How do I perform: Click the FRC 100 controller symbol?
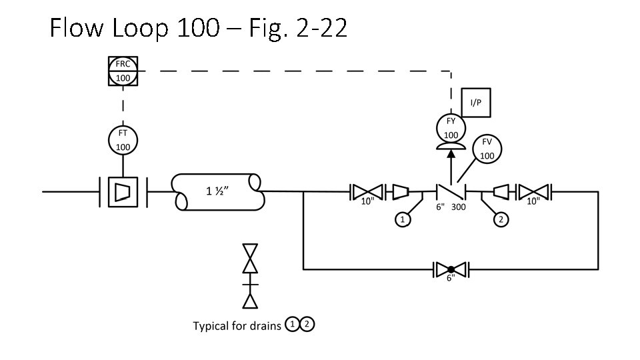pos(123,71)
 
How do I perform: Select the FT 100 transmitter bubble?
pos(123,139)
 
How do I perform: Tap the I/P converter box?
pos(475,103)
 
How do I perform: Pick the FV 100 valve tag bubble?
pos(487,149)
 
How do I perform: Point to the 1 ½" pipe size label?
pos(217,192)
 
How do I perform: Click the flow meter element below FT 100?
pos(123,192)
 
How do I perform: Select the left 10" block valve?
pos(367,192)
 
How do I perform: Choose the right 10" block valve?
pos(534,192)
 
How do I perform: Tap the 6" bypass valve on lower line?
pos(451,269)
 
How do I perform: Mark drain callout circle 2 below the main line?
pos(501,219)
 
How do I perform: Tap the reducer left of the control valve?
pos(401,192)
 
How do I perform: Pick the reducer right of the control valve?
pos(501,192)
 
